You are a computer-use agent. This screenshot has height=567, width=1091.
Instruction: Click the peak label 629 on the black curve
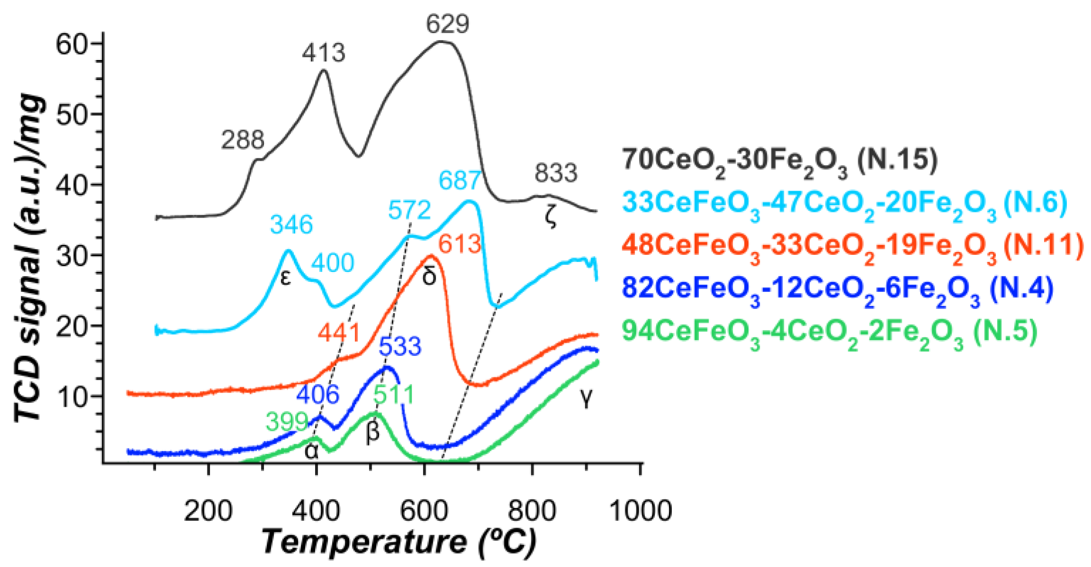pos(447,24)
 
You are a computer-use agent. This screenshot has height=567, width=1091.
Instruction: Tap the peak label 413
pos(324,52)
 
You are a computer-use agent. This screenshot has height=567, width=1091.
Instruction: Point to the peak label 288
pos(242,140)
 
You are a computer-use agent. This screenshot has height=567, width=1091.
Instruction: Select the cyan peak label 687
pos(459,181)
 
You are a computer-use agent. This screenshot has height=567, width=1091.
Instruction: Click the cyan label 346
pos(291,225)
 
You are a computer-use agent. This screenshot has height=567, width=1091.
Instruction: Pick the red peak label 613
pos(459,244)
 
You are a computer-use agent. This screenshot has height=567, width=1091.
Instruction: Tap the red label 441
pos(339,332)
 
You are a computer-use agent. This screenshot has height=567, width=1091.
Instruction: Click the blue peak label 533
pos(400,347)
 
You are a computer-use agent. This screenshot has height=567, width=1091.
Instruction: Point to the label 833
pos(556,173)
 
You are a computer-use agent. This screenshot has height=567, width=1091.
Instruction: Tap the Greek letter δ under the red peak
pos(429,276)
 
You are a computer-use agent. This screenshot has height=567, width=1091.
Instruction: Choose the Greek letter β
pos(373,432)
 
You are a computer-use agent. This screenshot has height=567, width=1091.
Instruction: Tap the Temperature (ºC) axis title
pos(399,541)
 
